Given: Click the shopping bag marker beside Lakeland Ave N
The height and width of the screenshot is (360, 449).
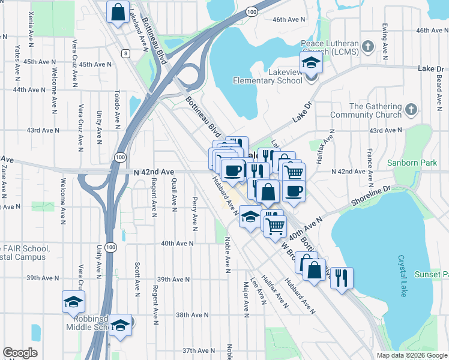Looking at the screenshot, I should pos(118,12).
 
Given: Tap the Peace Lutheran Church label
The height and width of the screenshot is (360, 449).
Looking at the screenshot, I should pos(329,48).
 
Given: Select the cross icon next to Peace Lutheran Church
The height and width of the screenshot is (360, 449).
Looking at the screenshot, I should pos(367,46).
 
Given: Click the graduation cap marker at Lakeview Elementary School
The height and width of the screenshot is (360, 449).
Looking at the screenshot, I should pos(311,63).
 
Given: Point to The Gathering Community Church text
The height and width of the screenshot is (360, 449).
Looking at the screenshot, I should pos(374,111).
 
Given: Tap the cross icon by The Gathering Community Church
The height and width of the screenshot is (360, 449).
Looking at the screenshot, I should pos(411,110).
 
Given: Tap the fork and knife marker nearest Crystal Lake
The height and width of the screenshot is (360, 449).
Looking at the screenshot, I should pos(341,278).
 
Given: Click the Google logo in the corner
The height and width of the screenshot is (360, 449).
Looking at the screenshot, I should pos(20,353).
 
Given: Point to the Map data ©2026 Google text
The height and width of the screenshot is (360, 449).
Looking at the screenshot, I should pos(412,355).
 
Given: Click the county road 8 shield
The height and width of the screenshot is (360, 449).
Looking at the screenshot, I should pos(125,53).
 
